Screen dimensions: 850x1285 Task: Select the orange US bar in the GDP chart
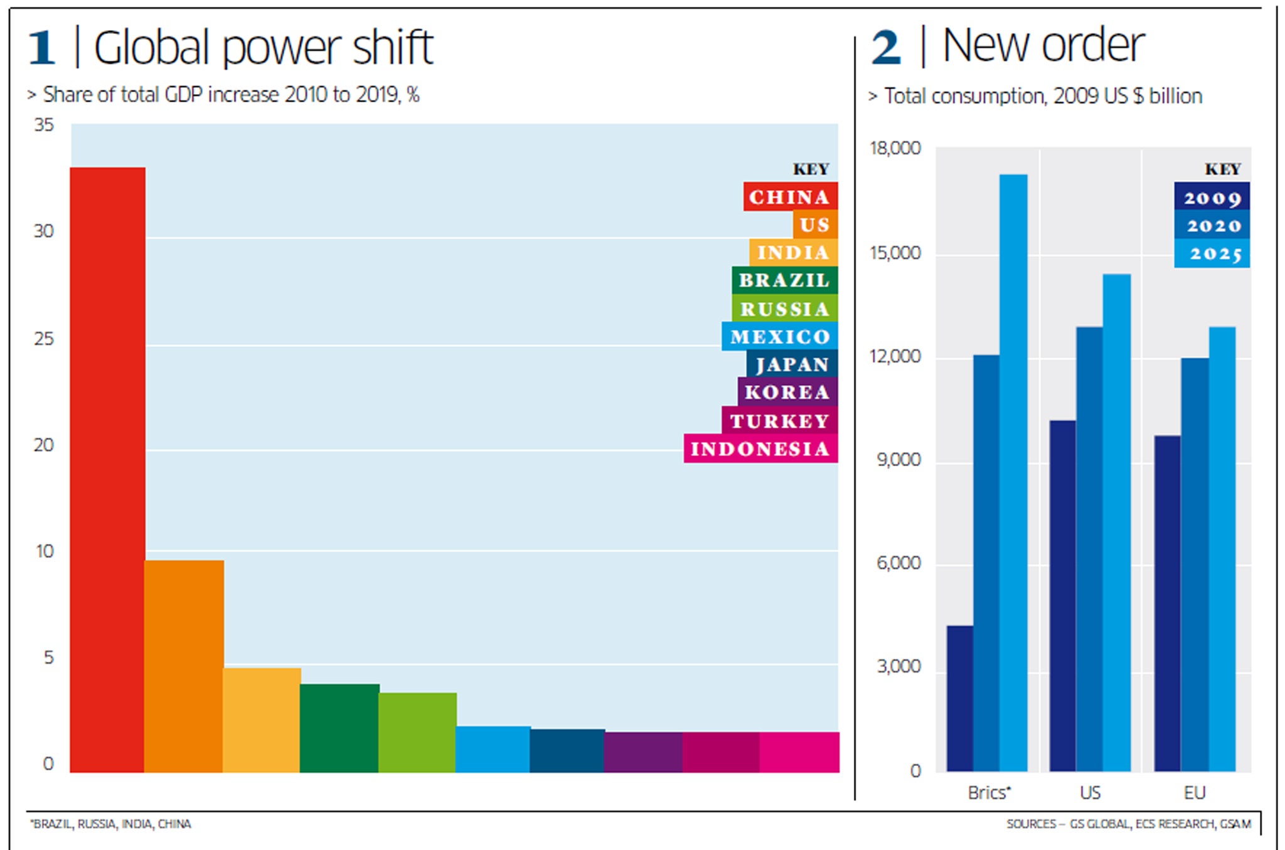184,666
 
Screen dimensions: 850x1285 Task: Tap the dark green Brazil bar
339,728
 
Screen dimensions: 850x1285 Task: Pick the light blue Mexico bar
493,749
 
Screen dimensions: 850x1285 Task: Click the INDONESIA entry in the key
760,449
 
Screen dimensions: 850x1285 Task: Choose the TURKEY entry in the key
779,420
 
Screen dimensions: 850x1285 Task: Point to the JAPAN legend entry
792,364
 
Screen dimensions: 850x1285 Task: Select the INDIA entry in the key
793,252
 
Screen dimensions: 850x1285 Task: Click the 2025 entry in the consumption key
1212,253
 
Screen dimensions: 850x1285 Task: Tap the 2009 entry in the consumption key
1212,197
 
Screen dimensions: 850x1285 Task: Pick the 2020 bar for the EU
1195,565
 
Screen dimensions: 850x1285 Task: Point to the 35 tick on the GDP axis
44,125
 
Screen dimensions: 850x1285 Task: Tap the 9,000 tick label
899,460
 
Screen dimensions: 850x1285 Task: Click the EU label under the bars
1195,793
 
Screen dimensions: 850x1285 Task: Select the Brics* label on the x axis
989,793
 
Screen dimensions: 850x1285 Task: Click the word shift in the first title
393,48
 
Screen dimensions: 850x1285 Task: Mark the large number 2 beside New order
886,48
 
